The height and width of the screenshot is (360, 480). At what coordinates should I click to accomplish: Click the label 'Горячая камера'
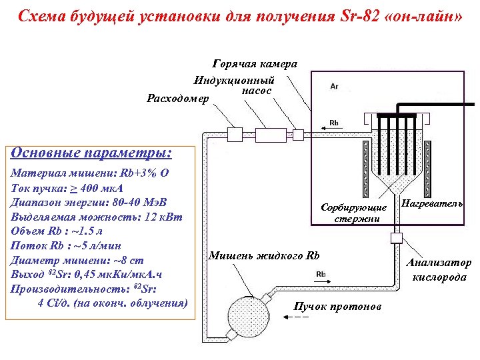coord(255,64)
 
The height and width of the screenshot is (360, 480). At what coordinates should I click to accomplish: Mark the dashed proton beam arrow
coord(297,317)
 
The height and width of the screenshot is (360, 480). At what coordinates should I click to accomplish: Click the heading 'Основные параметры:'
coord(91,153)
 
